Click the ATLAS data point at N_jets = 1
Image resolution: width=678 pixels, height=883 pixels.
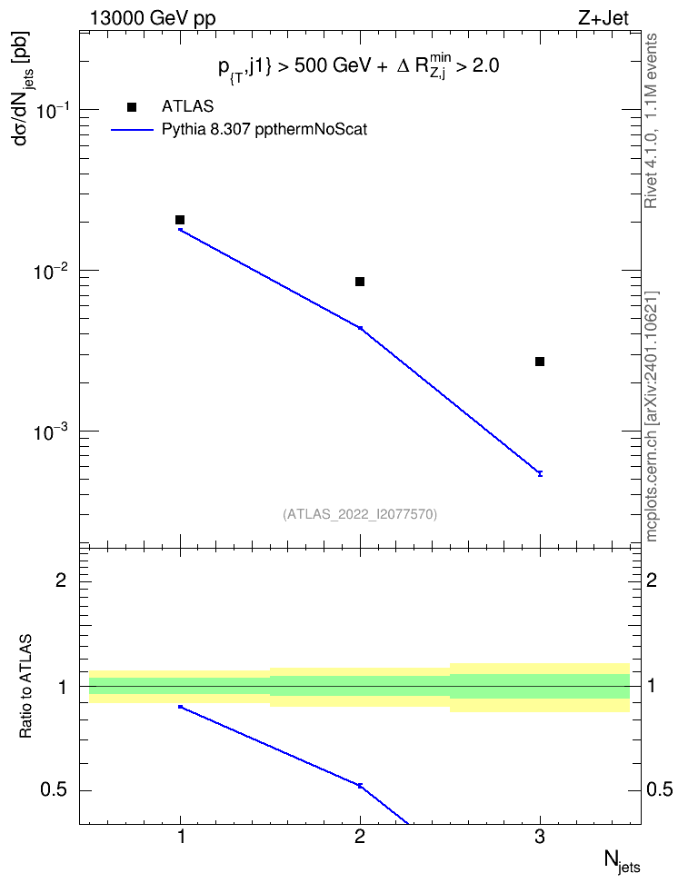pos(180,220)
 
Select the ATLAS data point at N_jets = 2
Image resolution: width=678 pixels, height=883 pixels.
pos(360,282)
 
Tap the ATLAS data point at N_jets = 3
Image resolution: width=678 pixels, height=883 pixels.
pos(540,362)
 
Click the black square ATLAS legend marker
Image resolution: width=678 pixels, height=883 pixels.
pos(132,107)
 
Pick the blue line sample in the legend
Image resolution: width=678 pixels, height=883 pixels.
pos(132,130)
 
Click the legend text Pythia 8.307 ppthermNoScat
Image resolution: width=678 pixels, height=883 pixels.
pos(264,130)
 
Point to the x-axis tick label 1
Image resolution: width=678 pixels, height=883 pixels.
pos(180,838)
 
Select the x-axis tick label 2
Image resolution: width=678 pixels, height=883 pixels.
pos(360,838)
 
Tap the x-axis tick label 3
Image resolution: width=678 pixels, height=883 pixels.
pos(540,838)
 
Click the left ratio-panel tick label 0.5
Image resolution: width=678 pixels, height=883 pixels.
pos(54,789)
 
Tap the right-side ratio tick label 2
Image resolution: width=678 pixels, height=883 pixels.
pos(652,580)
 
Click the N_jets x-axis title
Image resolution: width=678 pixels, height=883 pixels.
pos(623,861)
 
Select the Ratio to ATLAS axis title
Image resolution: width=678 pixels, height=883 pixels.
pos(26,687)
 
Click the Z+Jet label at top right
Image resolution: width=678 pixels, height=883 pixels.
pos(603,18)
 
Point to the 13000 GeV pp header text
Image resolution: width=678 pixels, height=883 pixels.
pos(153,18)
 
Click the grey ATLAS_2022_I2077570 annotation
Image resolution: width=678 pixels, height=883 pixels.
pos(360,514)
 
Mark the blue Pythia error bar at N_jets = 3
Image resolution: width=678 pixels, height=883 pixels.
pos(540,473)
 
